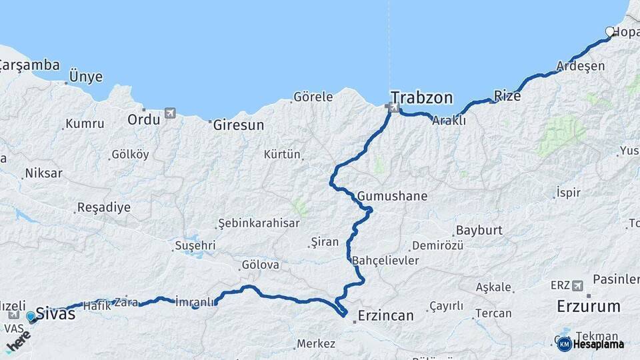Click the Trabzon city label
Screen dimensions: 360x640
[x=421, y=98]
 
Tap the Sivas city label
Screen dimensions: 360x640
[x=56, y=313]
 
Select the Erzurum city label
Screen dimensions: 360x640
[x=589, y=307]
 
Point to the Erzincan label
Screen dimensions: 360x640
[x=385, y=315]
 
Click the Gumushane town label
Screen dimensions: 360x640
[x=392, y=197]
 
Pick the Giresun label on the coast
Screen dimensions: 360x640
[x=238, y=125]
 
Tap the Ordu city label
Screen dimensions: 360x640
[x=144, y=119]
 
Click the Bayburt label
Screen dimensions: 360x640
[x=479, y=231]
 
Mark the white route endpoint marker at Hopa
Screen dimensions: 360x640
[x=609, y=31]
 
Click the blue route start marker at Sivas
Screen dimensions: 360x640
[x=31, y=316]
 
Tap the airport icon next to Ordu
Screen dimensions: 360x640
[x=170, y=113]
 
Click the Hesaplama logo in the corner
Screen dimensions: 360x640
[x=591, y=344]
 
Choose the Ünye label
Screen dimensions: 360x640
[x=86, y=77]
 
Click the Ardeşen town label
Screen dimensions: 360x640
[x=581, y=66]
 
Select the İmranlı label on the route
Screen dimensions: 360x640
[x=195, y=301]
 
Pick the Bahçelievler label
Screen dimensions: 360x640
[x=385, y=260]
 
